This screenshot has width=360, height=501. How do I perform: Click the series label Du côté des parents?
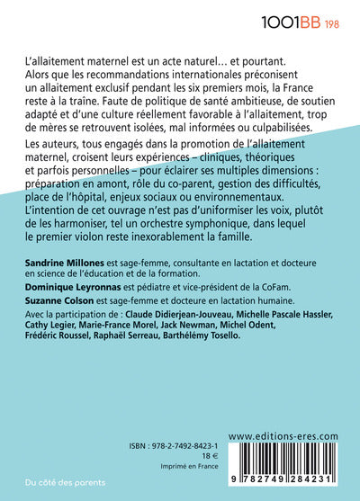pyautogui.click(x=57, y=481)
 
